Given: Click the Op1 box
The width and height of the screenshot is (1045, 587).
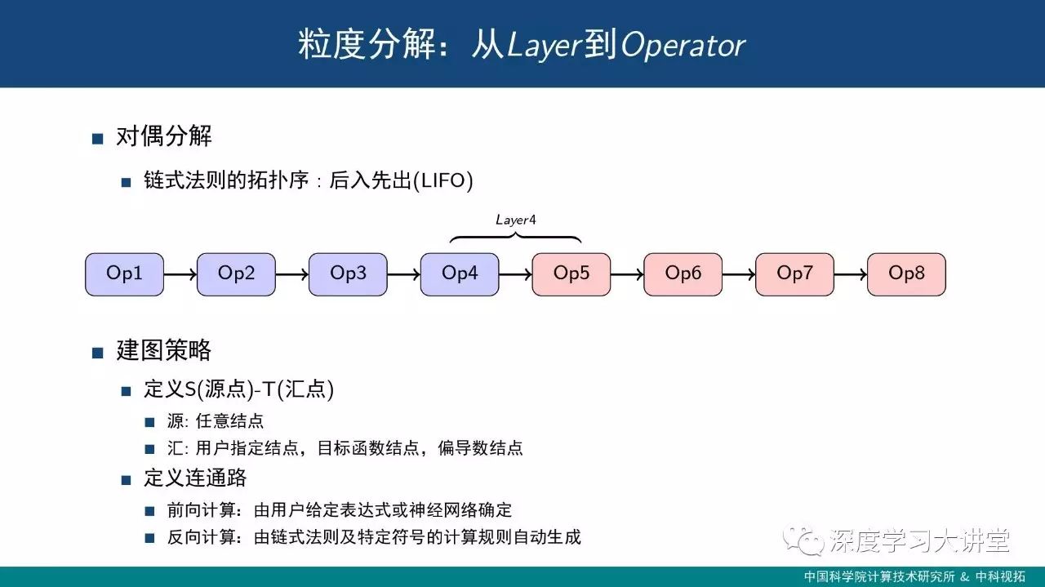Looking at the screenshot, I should click(x=124, y=273).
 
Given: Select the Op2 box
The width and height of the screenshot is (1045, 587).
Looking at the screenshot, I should click(x=236, y=273).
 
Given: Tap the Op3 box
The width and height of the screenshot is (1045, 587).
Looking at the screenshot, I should click(x=348, y=273).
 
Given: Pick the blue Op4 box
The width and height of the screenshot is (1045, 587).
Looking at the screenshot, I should click(x=460, y=273).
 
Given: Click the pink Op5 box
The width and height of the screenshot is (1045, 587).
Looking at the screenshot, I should click(x=571, y=273).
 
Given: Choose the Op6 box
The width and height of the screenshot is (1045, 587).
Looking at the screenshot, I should click(x=683, y=273).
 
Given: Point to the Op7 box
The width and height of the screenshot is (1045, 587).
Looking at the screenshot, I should click(x=794, y=273).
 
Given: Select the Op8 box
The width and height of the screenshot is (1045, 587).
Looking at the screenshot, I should click(x=906, y=273).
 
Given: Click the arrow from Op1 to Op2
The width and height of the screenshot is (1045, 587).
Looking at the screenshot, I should click(x=180, y=274).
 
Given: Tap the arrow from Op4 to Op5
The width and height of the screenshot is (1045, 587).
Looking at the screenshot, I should click(x=515, y=274).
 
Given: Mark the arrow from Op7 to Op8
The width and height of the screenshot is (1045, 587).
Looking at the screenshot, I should click(x=851, y=274).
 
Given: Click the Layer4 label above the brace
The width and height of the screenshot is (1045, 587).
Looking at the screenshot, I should click(x=516, y=220).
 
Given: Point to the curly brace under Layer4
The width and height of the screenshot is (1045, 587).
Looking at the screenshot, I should click(x=516, y=238).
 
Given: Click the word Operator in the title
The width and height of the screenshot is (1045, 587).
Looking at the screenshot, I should click(x=683, y=46).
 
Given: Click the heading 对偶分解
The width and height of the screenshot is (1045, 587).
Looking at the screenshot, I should click(x=164, y=136).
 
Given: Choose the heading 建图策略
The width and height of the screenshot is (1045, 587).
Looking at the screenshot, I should click(x=164, y=351).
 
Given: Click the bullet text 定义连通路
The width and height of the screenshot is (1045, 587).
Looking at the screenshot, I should click(x=195, y=478).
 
